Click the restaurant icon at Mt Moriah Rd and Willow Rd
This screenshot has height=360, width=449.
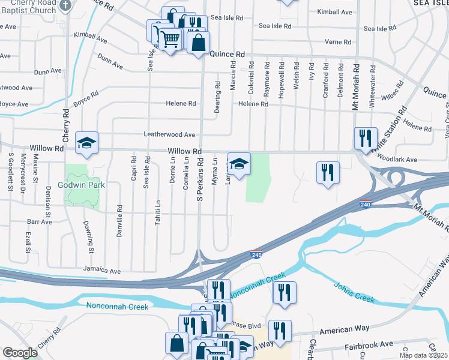point(365,139)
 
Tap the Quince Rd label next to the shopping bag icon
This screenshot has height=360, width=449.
point(228,53)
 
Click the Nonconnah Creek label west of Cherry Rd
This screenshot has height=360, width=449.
point(117,307)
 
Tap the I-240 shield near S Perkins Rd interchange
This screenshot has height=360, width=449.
point(256,254)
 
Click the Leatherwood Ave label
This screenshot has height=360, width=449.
point(169,135)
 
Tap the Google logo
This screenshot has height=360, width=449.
point(20,353)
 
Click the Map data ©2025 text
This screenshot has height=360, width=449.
point(423,355)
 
